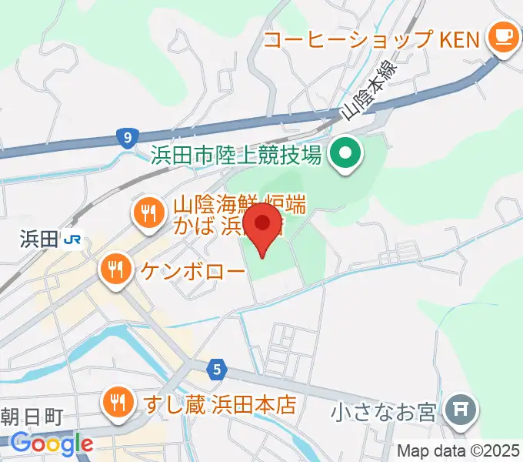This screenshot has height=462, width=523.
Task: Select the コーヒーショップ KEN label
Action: pos(372,38)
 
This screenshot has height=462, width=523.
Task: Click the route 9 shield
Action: pos(127,138)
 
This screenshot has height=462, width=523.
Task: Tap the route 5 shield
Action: pos(218,370)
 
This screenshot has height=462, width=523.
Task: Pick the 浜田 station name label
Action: pos(38,240)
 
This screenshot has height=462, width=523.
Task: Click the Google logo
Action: pos(52,444)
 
